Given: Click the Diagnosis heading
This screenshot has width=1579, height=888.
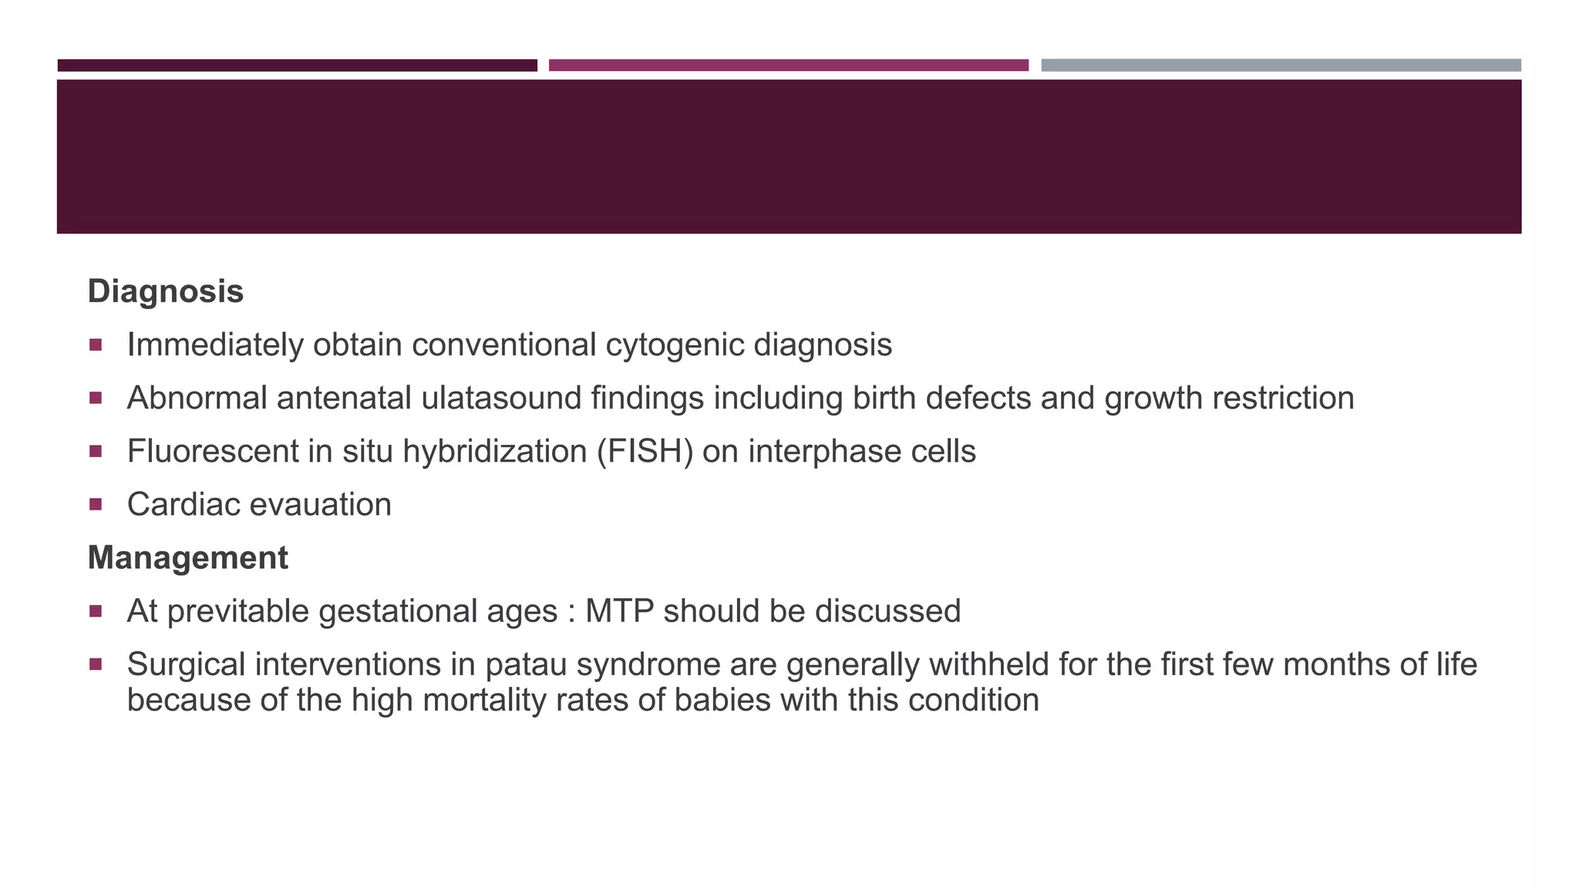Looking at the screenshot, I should coord(165,291).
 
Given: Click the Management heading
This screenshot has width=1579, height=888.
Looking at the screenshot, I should coord(187,557).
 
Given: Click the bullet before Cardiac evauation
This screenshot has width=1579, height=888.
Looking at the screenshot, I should coord(96,505).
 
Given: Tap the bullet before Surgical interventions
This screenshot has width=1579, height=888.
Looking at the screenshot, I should coord(96,664).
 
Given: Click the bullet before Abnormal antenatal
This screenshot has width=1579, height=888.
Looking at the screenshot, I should coord(96,398).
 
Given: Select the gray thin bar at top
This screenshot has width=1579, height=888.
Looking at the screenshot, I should coord(1281,66).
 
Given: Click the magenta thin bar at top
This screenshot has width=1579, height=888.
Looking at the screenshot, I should coord(788,66).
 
